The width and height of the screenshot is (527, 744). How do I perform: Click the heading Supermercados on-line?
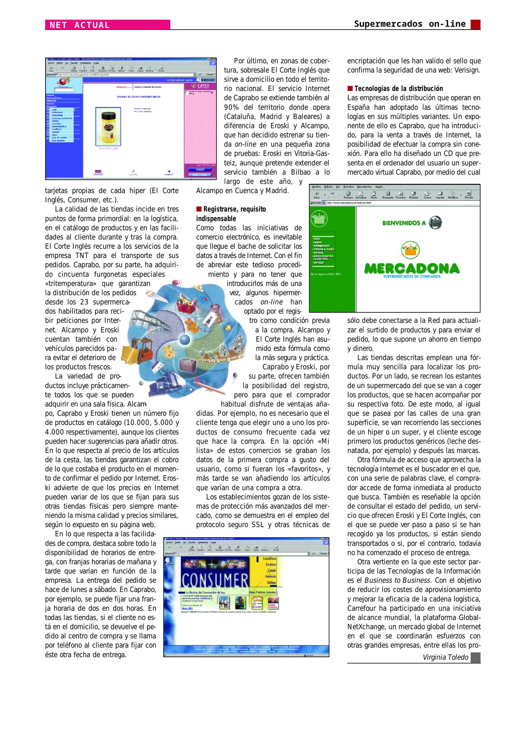point(409,24)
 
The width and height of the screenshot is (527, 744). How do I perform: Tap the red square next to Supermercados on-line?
point(475,24)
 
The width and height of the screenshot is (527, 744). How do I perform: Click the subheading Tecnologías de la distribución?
point(398,89)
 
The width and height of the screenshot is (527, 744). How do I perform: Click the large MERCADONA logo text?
point(412,268)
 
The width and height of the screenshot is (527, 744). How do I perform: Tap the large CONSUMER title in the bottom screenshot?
point(215,580)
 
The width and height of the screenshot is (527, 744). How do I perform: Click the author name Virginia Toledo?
point(445,657)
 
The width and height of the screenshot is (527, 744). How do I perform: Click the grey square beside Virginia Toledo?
point(475,657)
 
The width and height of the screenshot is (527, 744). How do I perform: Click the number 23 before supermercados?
point(84,302)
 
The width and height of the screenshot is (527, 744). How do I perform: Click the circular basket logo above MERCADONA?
point(410,250)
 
